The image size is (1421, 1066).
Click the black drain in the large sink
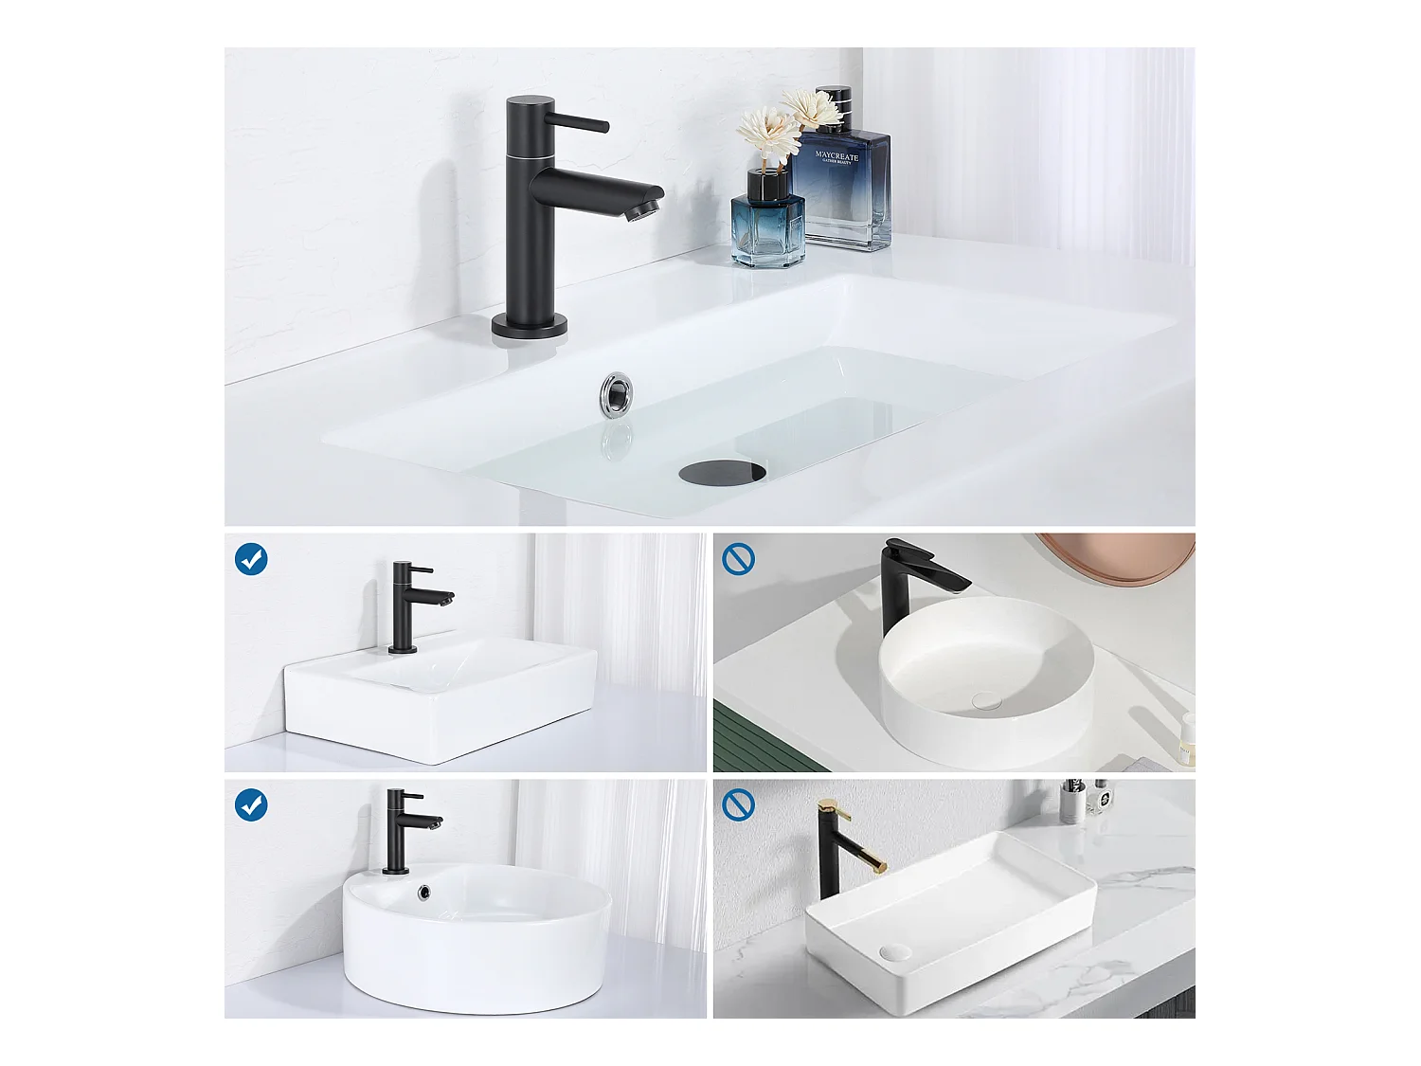click(x=722, y=472)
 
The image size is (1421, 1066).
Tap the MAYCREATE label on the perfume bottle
click(x=836, y=156)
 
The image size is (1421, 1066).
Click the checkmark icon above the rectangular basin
click(x=251, y=559)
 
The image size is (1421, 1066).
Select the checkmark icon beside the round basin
click(x=251, y=804)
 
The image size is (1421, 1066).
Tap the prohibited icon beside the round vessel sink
click(x=738, y=559)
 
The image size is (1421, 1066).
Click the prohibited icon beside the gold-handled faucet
click(x=738, y=804)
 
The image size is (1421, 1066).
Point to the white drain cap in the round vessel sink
click(x=986, y=700)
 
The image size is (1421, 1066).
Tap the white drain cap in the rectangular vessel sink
click(x=894, y=950)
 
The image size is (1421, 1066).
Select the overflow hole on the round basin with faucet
click(x=424, y=892)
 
